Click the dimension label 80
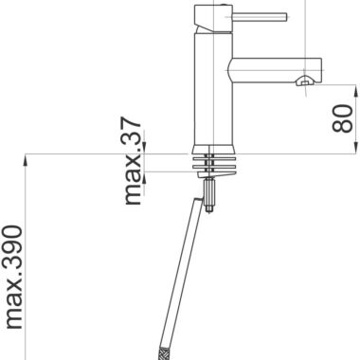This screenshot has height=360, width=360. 342,118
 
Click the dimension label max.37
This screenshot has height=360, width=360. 133,161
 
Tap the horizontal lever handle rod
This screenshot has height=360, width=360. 260,17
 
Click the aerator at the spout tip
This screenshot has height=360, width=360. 304,81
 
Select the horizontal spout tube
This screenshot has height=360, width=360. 275,70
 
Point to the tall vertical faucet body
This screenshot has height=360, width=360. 213,89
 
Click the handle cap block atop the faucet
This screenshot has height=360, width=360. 213,19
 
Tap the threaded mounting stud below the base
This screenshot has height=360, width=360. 209,191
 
